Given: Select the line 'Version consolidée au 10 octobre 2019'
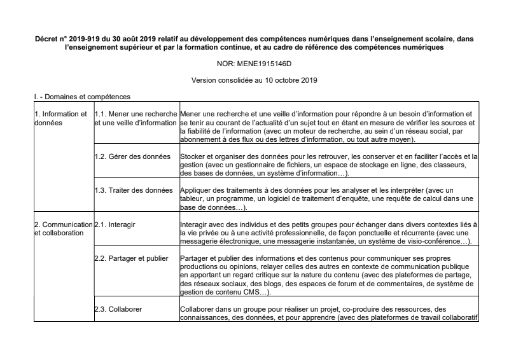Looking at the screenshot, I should coord(254,81).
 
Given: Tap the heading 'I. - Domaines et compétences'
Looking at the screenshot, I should coord(83,97).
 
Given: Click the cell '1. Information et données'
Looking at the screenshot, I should coord(60,118).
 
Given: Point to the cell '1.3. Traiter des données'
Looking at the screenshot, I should coord(133,190).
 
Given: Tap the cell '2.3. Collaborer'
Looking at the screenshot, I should coord(118,310).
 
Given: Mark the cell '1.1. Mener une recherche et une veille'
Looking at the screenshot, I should coord(135,118).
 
